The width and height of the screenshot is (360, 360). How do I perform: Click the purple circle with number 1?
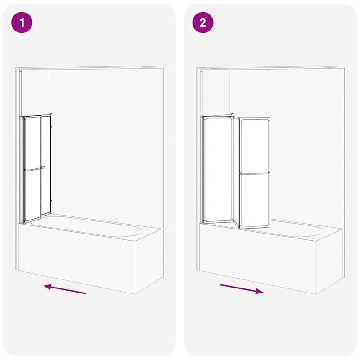pyautogui.click(x=23, y=23)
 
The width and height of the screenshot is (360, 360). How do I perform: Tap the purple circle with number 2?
pyautogui.click(x=203, y=23)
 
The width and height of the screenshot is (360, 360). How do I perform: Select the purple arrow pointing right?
pyautogui.click(x=241, y=288)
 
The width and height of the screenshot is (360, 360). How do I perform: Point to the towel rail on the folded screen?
pyautogui.click(x=35, y=169)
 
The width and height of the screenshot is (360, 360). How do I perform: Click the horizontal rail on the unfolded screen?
pyautogui.click(x=255, y=173)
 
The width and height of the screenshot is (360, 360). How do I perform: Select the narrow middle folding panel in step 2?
pyautogui.click(x=235, y=171)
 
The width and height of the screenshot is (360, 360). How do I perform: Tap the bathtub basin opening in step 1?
pyautogui.click(x=90, y=228)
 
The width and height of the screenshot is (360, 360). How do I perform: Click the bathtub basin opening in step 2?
pyautogui.click(x=288, y=230)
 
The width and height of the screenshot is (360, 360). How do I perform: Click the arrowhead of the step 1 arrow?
pyautogui.click(x=47, y=286)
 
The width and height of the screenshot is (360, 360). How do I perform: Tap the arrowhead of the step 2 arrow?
pyautogui.click(x=259, y=292)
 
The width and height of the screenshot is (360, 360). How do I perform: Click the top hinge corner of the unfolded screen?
pyautogui.click(x=233, y=117)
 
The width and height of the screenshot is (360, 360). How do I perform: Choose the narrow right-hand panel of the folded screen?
pyautogui.click(x=47, y=166)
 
